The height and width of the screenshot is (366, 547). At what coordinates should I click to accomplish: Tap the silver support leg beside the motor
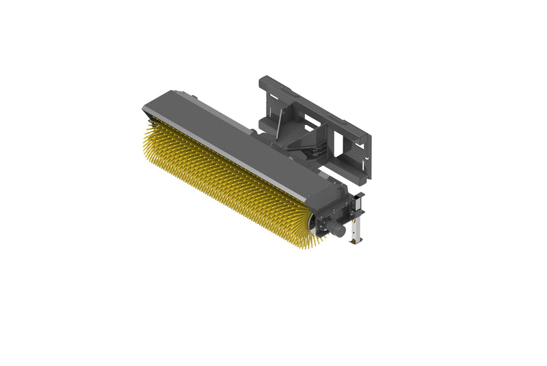[x=356, y=229]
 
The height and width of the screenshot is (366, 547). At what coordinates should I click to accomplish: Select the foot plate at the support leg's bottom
[x=356, y=241]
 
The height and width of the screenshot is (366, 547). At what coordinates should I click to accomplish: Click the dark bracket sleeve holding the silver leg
[x=358, y=206]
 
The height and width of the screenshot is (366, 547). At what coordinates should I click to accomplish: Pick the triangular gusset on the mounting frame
[x=282, y=127]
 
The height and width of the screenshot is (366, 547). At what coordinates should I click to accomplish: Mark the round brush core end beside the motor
[x=315, y=222]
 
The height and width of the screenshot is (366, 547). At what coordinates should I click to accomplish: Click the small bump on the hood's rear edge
[x=199, y=103]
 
